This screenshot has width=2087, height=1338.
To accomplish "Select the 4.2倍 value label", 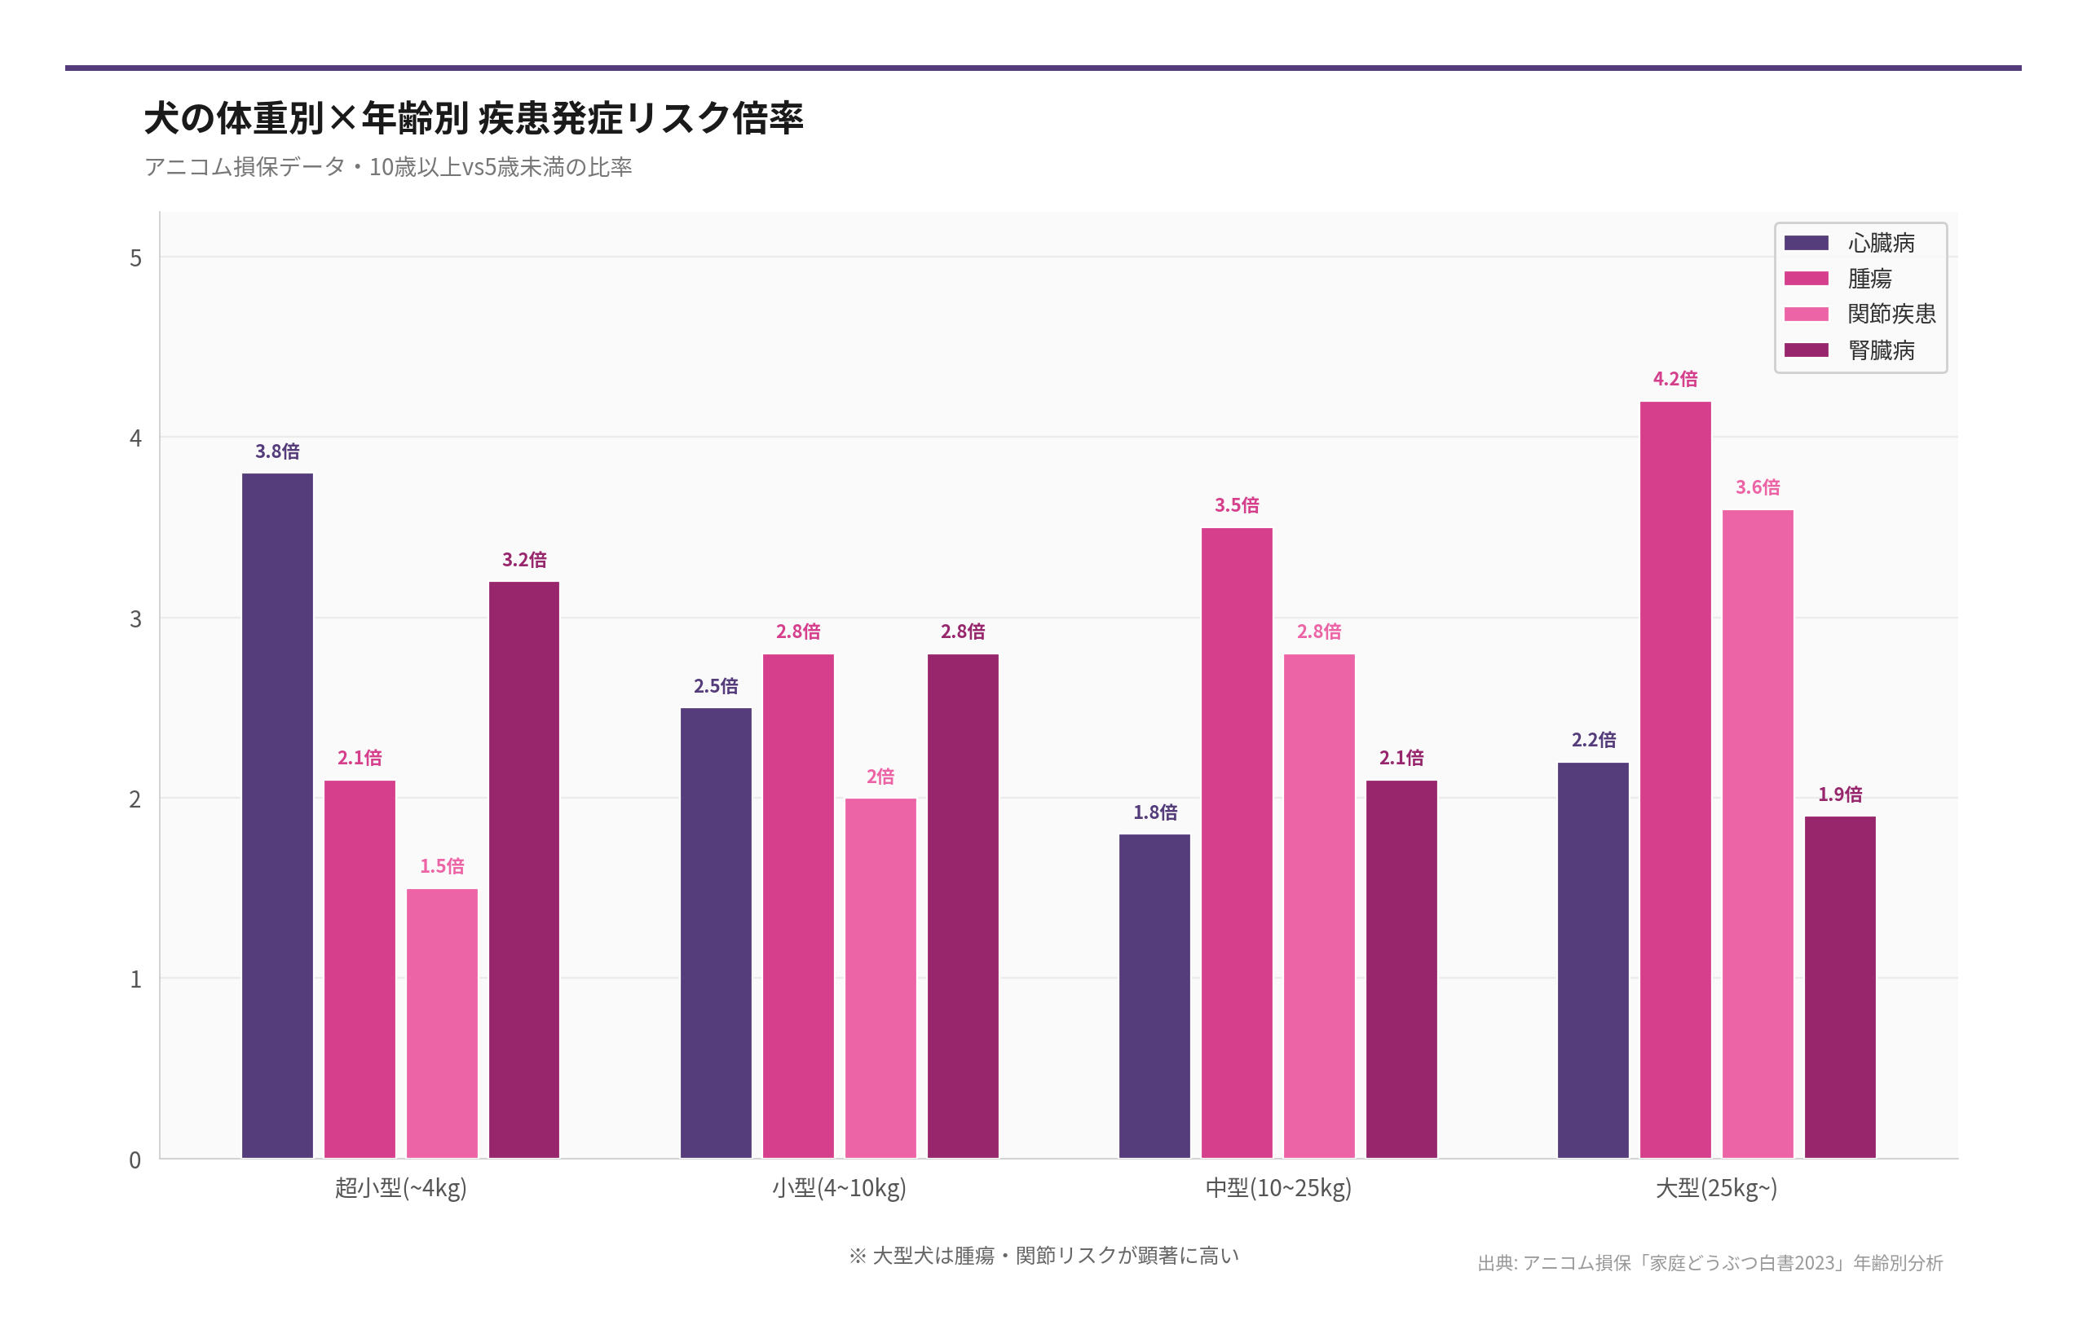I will (1675, 379).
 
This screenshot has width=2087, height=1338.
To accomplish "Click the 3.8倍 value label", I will (277, 451).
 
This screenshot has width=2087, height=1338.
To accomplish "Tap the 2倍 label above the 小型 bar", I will (880, 776).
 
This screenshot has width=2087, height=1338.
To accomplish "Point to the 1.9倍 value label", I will (1839, 794).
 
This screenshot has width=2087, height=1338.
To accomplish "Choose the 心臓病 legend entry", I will (1880, 242).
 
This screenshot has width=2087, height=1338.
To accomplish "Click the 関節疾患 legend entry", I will (1891, 314).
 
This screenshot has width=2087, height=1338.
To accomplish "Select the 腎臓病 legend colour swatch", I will (1807, 350).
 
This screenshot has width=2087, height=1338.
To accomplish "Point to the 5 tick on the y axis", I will (135, 258).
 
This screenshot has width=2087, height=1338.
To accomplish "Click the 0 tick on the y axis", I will (135, 1160).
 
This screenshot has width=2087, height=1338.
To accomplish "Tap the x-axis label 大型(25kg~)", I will (1716, 1188).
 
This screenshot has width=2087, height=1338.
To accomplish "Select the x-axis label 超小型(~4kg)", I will (401, 1188).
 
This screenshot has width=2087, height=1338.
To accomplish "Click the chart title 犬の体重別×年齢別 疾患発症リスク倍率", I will (474, 117).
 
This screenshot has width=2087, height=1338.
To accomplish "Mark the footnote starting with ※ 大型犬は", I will (1043, 1256).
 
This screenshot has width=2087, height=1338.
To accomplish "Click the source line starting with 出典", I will (1710, 1262).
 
